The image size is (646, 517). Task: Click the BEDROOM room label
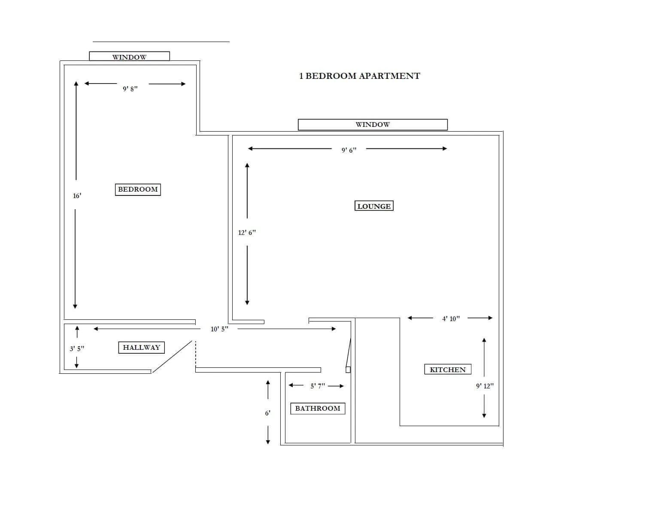(x=138, y=189)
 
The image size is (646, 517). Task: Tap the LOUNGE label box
(x=374, y=206)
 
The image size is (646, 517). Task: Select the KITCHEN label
(x=448, y=369)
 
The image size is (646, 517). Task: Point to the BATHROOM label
(x=318, y=408)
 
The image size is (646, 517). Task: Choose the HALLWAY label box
(x=141, y=347)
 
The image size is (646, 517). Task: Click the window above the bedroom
(x=129, y=57)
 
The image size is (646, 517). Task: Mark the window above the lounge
(x=373, y=124)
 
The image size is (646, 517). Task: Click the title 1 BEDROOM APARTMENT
(x=360, y=76)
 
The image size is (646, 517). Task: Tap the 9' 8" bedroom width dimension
(x=130, y=89)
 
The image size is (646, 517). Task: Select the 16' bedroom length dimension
(x=77, y=196)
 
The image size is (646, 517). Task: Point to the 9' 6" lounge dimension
(x=349, y=150)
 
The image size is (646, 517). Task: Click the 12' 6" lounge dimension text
(x=247, y=232)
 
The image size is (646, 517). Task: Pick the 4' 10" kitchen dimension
(x=451, y=319)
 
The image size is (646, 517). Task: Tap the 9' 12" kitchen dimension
(x=485, y=386)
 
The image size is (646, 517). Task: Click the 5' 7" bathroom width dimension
(x=318, y=386)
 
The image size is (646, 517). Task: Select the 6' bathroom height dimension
(x=267, y=413)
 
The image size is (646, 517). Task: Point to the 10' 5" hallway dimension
(x=219, y=329)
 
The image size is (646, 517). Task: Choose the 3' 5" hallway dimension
(x=77, y=349)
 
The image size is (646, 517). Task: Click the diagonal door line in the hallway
(x=172, y=357)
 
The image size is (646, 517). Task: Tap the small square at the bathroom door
(x=348, y=370)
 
